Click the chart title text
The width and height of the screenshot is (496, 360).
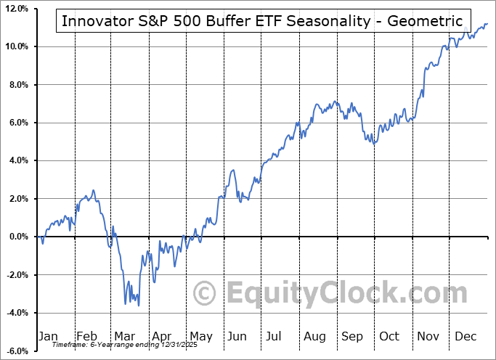pyautogui.click(x=261, y=20)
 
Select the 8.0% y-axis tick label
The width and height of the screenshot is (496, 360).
pyautogui.click(x=17, y=85)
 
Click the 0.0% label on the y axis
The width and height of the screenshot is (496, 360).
pyautogui.click(x=17, y=237)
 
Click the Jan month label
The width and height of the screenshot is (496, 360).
pyautogui.click(x=47, y=336)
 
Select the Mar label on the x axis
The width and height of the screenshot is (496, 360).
pyautogui.click(x=125, y=336)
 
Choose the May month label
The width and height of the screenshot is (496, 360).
pyautogui.click(x=200, y=336)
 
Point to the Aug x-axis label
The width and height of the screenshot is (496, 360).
pyautogui.click(x=314, y=336)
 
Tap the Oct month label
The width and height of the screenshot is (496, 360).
pyautogui.click(x=390, y=336)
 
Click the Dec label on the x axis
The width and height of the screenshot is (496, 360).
pyautogui.click(x=466, y=336)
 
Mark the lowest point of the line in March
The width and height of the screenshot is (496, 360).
pyautogui.click(x=138, y=305)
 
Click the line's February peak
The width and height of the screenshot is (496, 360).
pyautogui.click(x=93, y=190)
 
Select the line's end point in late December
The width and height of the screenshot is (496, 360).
pyautogui.click(x=487, y=23)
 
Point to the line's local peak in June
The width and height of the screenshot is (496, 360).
pyautogui.click(x=232, y=170)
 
